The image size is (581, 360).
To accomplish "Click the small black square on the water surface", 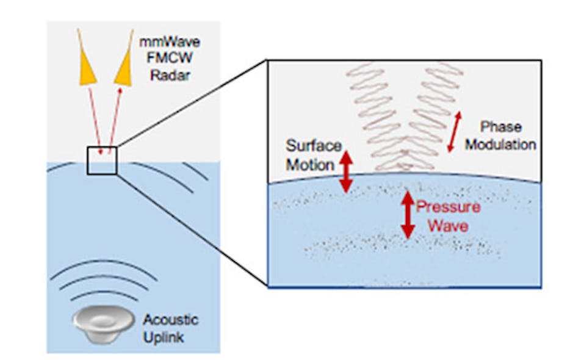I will pos(101,159).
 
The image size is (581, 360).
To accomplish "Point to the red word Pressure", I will pos(442,207).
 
